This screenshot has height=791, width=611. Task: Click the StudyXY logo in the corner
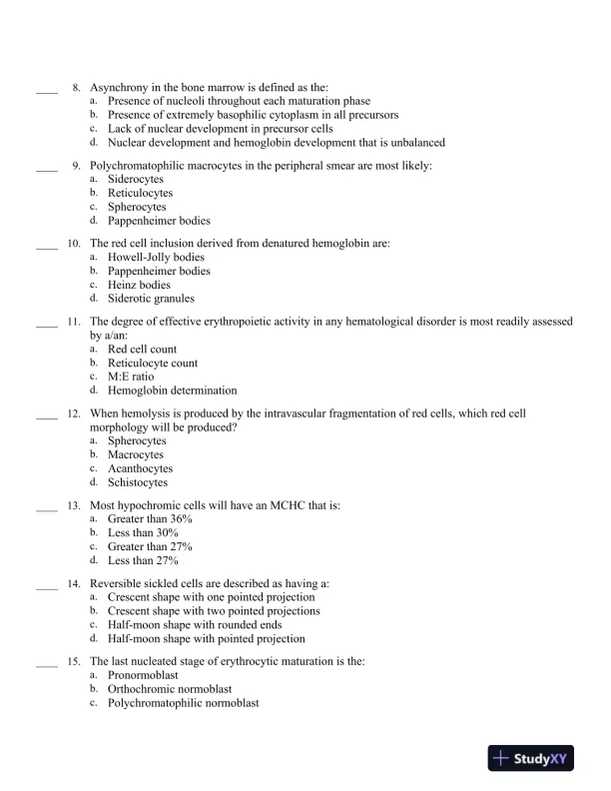tap(533, 759)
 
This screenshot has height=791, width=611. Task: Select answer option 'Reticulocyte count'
tap(153, 364)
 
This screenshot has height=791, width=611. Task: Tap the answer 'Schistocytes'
tap(138, 482)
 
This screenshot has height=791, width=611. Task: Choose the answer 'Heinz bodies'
tap(139, 285)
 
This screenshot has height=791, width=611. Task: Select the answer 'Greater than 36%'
tap(150, 519)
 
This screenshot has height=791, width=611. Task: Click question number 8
tap(76, 88)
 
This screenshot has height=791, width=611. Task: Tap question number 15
tap(74, 661)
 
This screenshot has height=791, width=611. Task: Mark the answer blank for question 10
tap(46, 245)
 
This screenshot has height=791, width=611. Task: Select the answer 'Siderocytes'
tap(136, 179)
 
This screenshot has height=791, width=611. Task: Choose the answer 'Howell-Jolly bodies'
tap(156, 257)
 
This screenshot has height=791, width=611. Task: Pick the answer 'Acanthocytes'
tap(140, 468)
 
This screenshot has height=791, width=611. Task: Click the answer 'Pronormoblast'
tap(143, 675)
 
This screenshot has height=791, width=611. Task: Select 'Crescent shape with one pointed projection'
tap(211, 597)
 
